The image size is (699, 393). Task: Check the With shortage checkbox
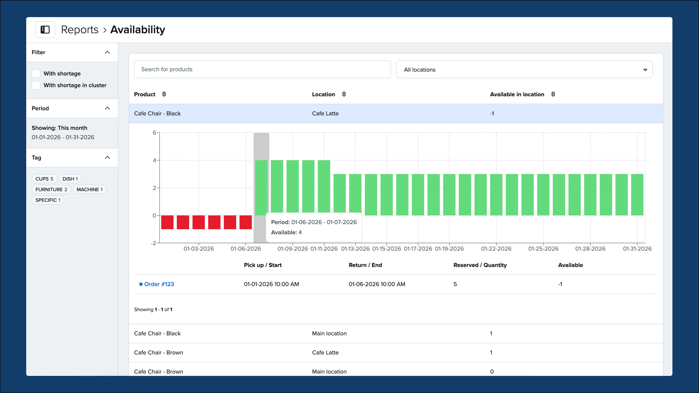(36, 74)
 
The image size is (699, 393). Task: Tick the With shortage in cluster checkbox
(36, 85)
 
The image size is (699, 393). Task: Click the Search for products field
(262, 70)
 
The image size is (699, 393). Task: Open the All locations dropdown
(524, 70)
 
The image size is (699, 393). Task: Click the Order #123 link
(159, 284)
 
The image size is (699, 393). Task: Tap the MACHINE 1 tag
(89, 189)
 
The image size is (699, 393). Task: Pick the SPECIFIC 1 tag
(48, 200)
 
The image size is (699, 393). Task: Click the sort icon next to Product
(164, 94)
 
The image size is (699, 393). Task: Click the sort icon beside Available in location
(553, 94)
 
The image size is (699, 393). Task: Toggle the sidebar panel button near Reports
(45, 29)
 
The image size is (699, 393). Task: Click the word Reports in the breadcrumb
(80, 29)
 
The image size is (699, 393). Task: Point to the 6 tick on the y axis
(154, 133)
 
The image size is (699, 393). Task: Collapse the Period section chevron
(107, 108)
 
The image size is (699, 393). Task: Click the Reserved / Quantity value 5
(455, 284)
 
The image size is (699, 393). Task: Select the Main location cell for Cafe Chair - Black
(329, 333)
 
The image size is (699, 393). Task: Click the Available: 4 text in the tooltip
(286, 232)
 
